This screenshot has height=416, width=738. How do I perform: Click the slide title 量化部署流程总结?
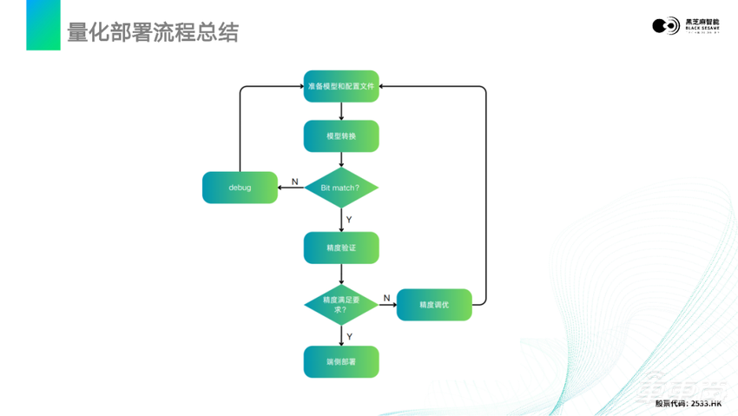(x=153, y=32)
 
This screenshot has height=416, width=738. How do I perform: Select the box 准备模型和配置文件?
(x=341, y=86)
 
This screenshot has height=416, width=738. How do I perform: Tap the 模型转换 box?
(x=341, y=136)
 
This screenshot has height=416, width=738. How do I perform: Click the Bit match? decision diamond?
(x=341, y=188)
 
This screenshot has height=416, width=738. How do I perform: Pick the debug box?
(x=240, y=188)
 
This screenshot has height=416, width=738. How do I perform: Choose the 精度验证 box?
(x=341, y=248)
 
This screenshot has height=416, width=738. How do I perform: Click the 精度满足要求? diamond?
(x=341, y=305)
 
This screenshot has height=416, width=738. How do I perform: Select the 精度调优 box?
(x=434, y=305)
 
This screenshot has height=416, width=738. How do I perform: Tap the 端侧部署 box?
(x=341, y=361)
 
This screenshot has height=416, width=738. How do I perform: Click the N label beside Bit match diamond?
(x=295, y=182)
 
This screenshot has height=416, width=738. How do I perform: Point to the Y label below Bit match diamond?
(x=349, y=220)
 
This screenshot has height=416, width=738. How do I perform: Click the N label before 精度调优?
(x=387, y=298)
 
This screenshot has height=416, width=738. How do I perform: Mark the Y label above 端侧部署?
(x=349, y=336)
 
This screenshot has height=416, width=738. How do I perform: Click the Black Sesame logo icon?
(x=665, y=26)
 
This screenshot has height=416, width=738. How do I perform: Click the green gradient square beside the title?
(x=43, y=25)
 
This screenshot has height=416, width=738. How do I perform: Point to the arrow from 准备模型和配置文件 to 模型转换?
(x=341, y=111)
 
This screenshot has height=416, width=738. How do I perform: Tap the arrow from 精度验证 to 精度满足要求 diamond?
(x=341, y=274)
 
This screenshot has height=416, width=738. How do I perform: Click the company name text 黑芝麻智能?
(x=702, y=22)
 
